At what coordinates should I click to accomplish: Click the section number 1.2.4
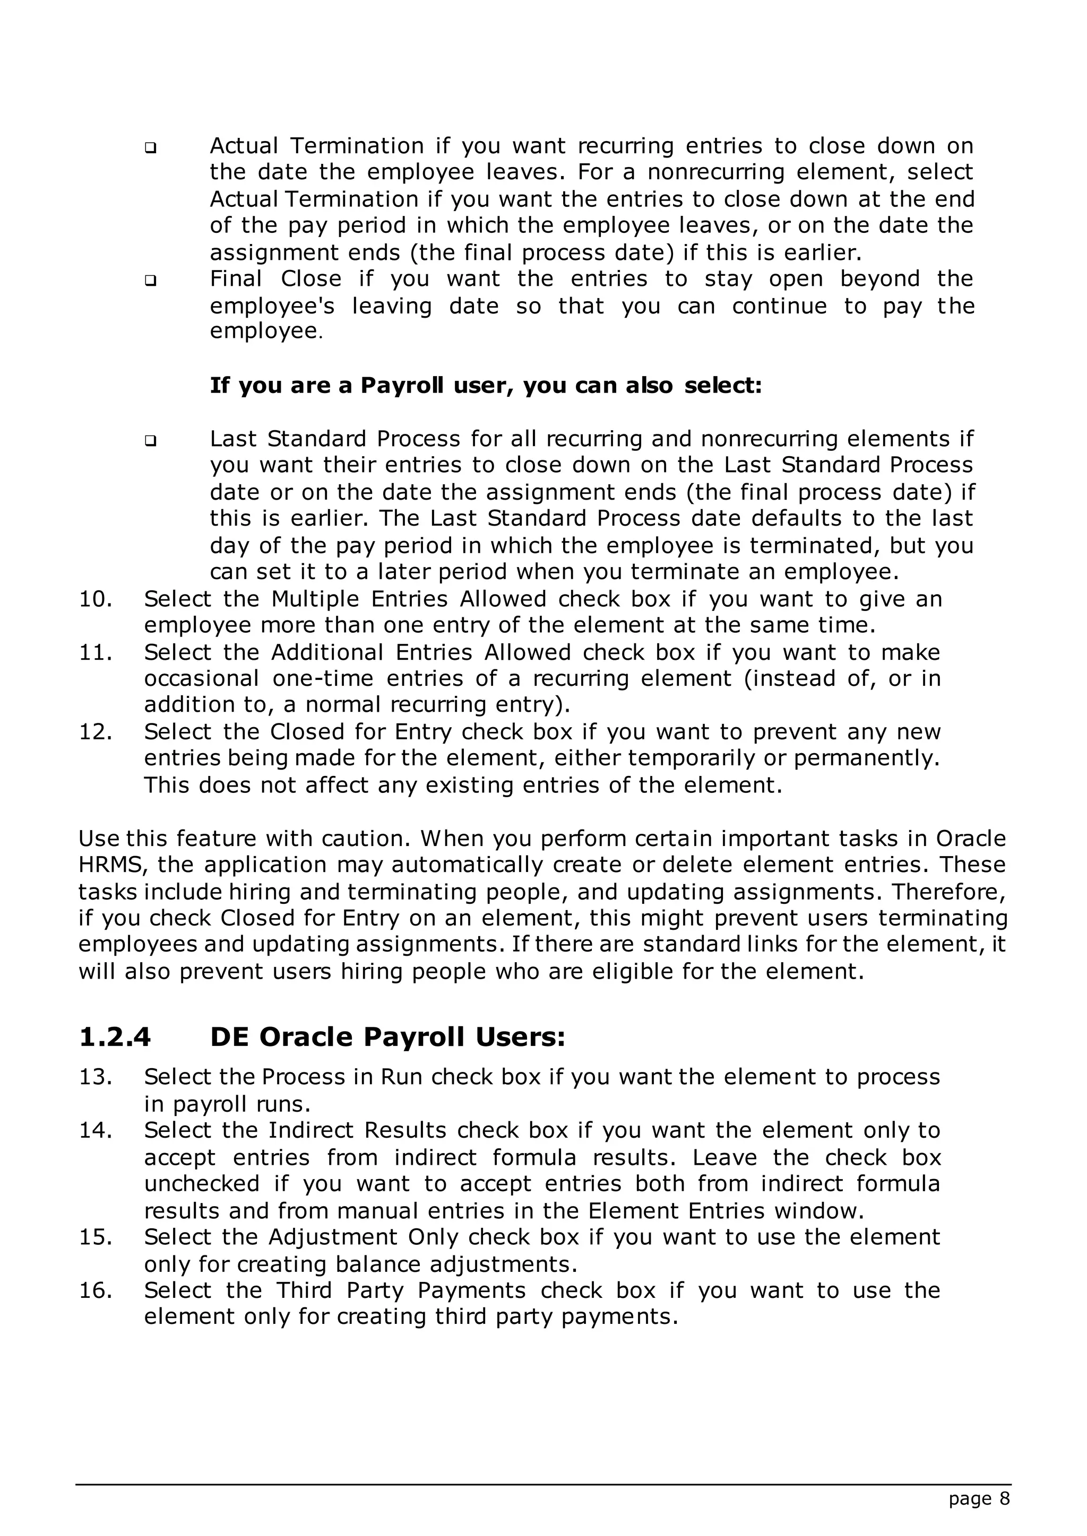click(x=115, y=1037)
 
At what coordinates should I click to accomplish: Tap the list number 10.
click(x=95, y=599)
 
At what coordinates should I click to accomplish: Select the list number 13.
click(x=95, y=1077)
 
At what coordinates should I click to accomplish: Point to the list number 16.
click(x=95, y=1290)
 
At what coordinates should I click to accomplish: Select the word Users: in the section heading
click(x=521, y=1037)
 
